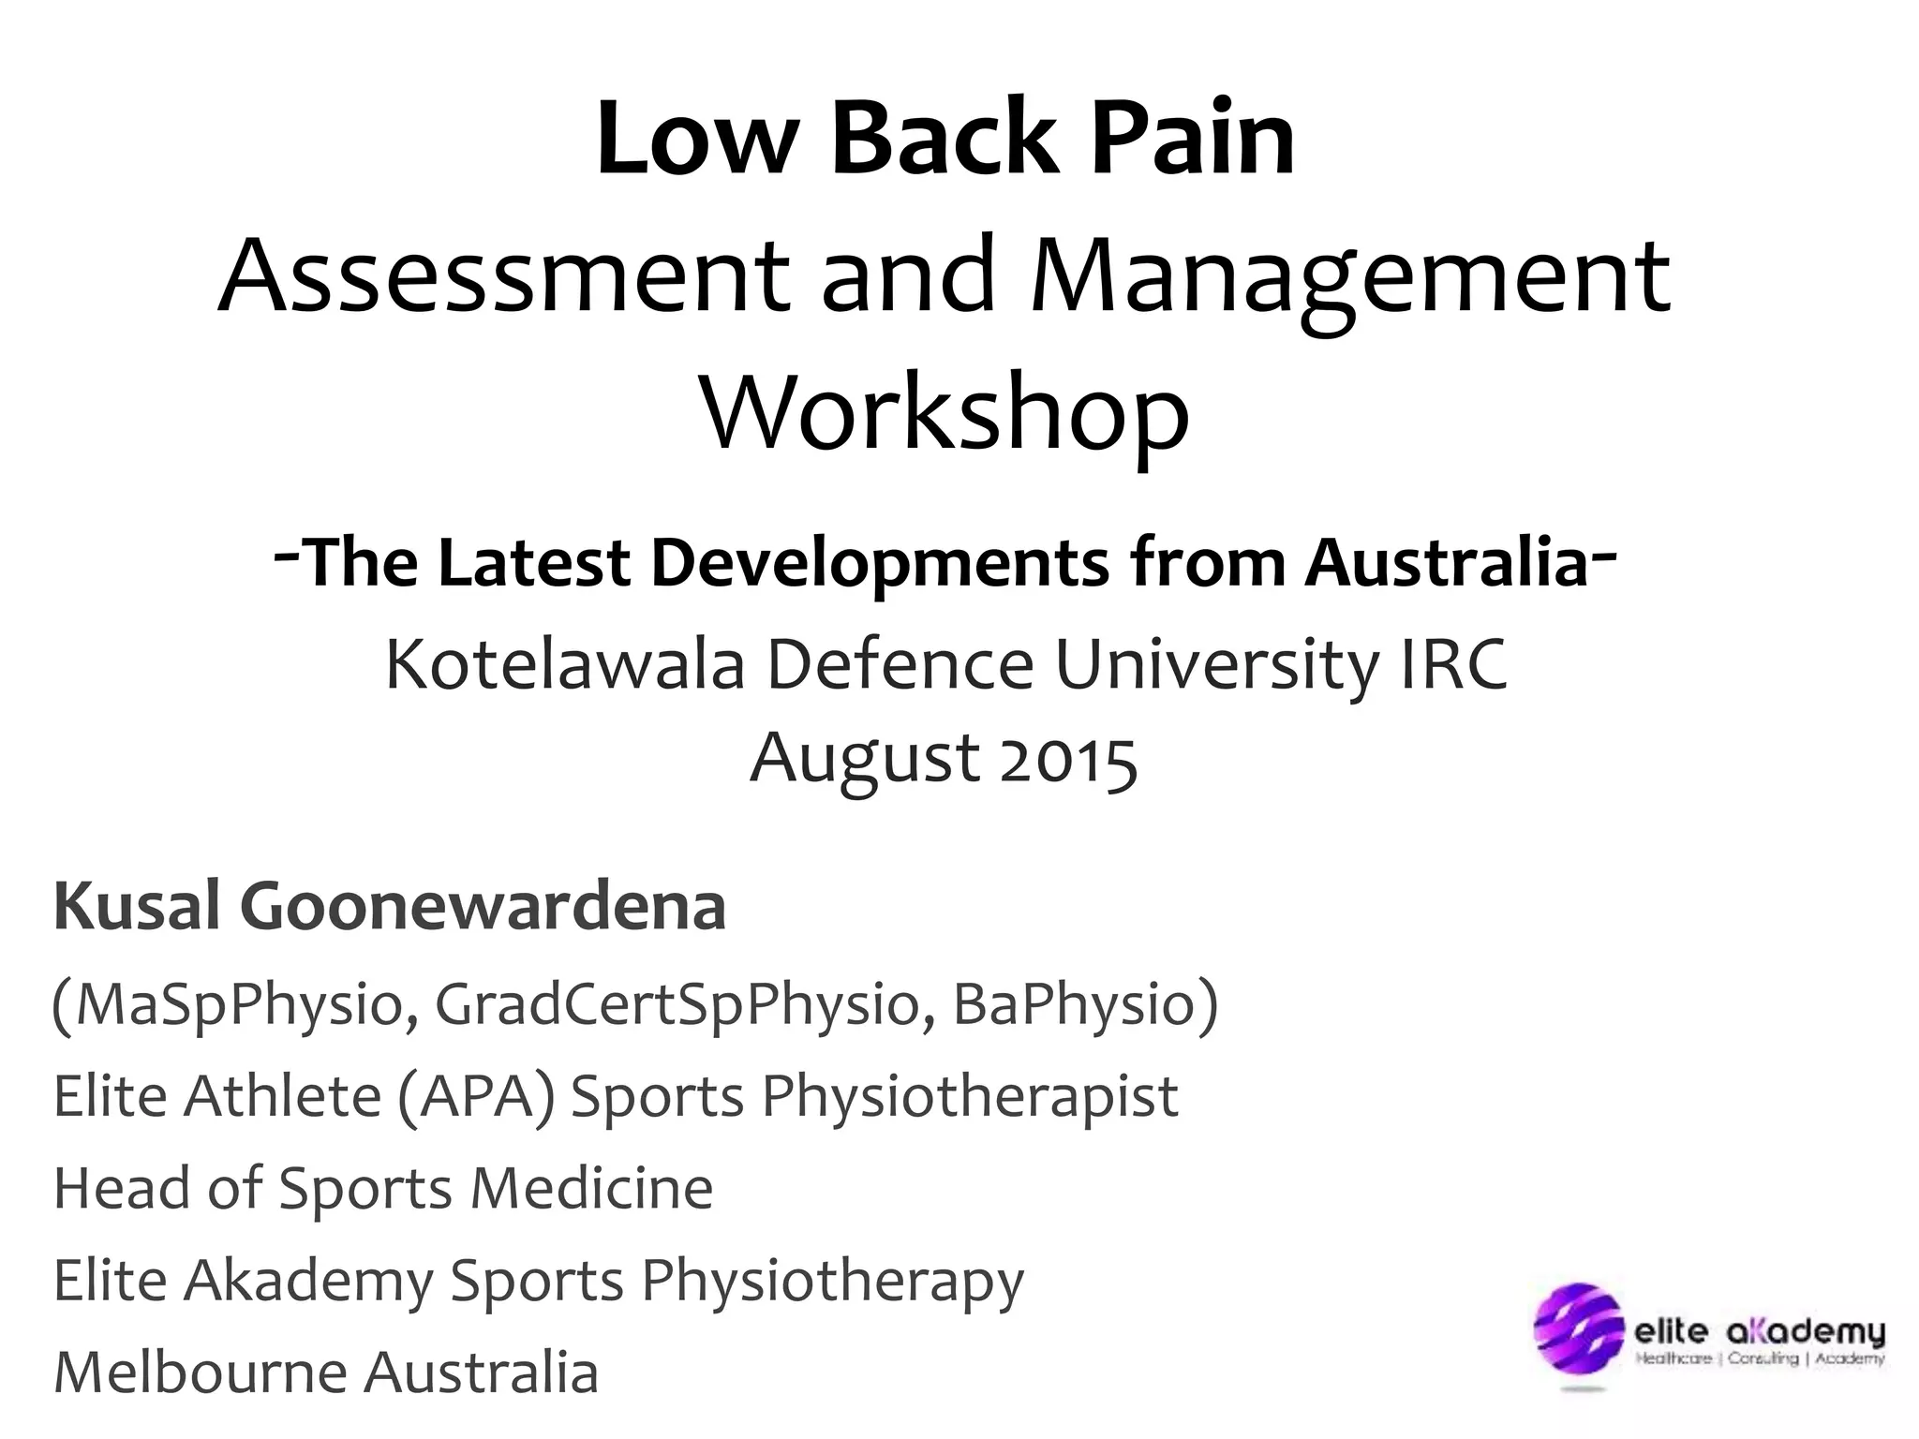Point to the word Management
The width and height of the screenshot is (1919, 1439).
pos(1350,277)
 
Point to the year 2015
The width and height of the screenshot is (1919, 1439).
pos(1069,759)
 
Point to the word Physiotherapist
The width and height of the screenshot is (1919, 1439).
pos(969,1095)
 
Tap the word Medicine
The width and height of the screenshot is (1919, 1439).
pos(591,1188)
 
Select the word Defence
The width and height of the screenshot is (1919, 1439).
pos(900,664)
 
